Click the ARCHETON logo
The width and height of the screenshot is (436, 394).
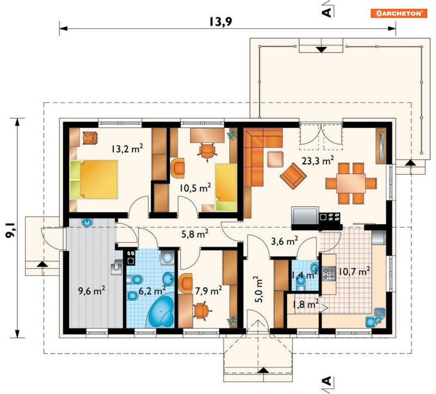pos(398,13)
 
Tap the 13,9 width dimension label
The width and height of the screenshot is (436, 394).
pos(220,21)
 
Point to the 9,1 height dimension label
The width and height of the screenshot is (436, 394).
pos(10,229)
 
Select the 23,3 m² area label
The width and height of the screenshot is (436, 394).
pos(318,160)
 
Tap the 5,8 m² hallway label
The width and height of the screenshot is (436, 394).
pos(195,234)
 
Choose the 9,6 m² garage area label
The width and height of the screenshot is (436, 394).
pos(92,291)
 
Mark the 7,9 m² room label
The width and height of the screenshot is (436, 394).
pos(208,291)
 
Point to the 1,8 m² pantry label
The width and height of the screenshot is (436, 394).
pos(305,304)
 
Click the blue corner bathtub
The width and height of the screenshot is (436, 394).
pos(161,312)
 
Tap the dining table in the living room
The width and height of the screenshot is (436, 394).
pos(351,183)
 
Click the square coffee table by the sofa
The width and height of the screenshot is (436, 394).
pos(275,159)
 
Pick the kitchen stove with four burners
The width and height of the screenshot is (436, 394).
pos(329,273)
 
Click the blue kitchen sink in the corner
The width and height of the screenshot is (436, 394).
pos(375,317)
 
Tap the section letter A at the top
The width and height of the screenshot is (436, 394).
pos(327,12)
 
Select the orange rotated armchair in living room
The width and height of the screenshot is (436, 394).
pos(293,176)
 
